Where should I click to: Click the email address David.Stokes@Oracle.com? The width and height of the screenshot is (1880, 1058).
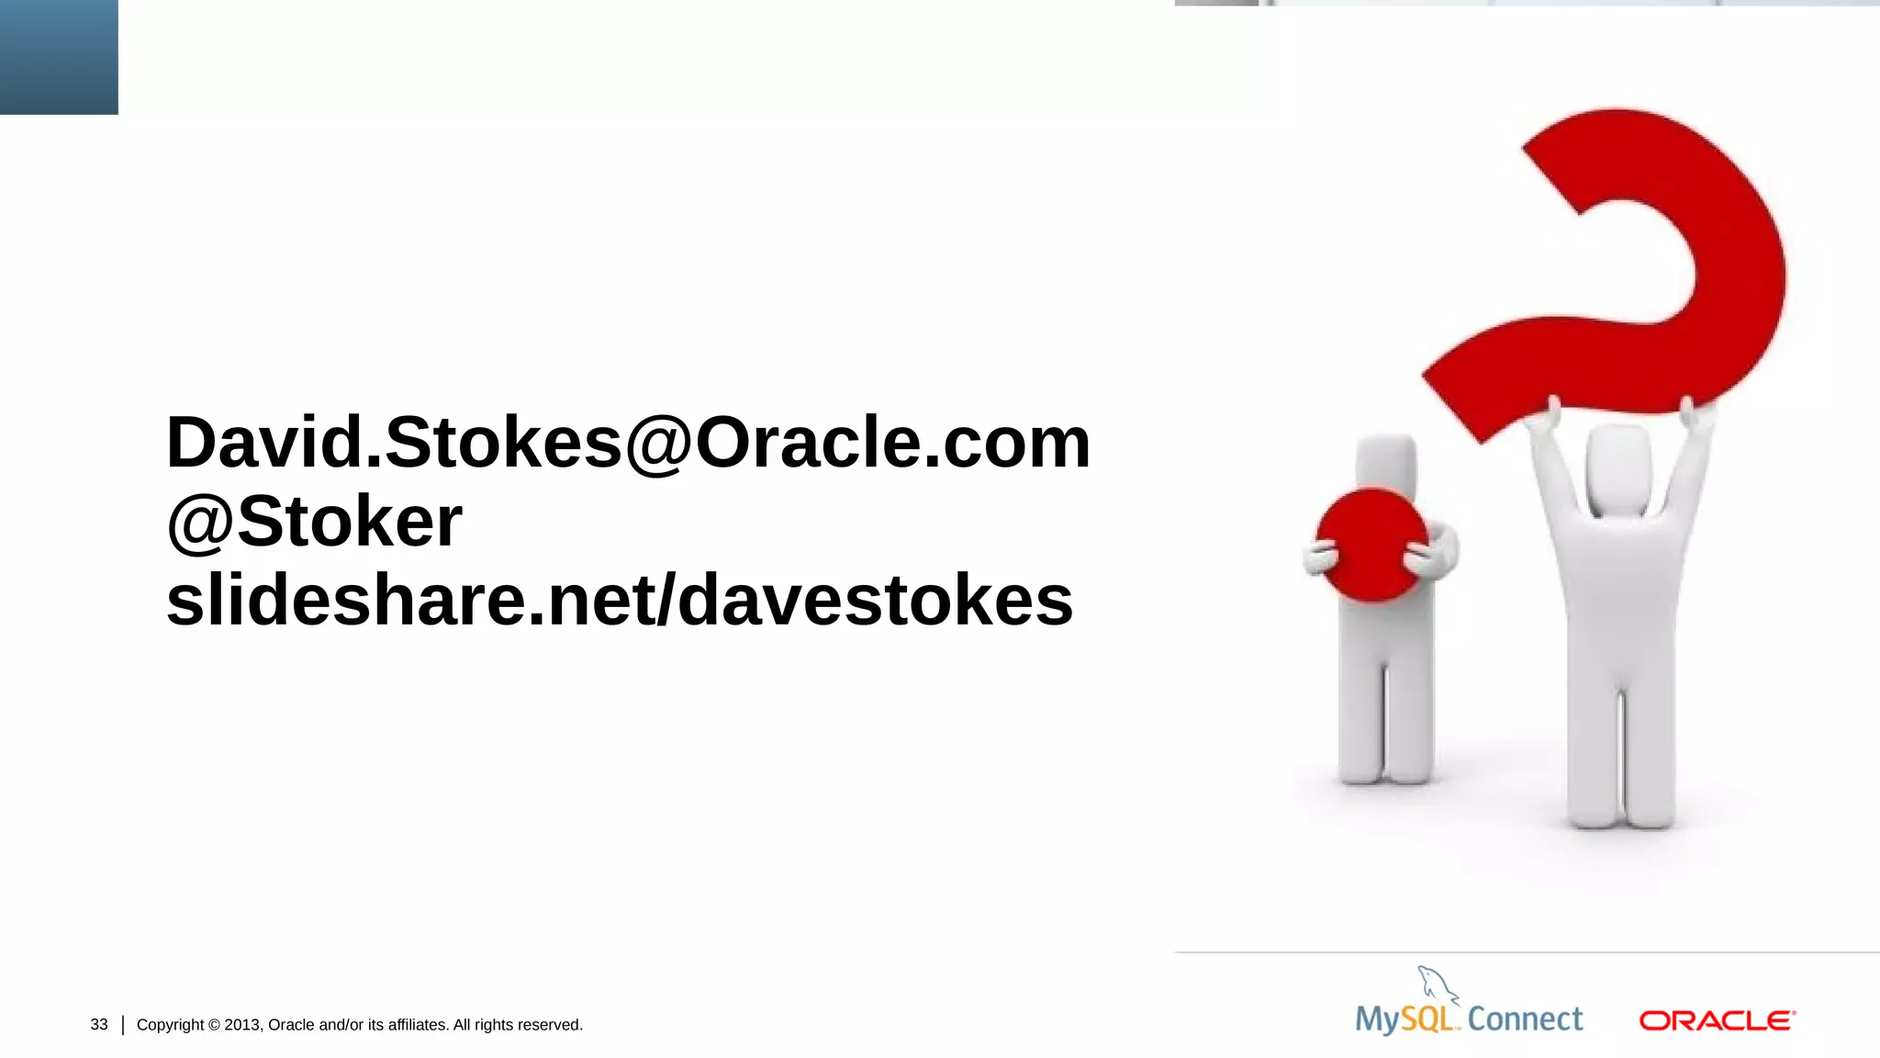(628, 443)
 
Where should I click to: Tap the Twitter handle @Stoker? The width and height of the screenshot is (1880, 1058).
(314, 522)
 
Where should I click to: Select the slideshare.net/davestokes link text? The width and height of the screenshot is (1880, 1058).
(620, 601)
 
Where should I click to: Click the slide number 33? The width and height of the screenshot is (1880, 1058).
(99, 1024)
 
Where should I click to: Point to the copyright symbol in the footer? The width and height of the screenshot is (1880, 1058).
(214, 1025)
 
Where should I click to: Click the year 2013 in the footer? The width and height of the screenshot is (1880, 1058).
(242, 1025)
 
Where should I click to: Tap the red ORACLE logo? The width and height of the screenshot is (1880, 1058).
(1717, 1020)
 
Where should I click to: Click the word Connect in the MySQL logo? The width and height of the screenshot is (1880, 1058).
(1525, 1019)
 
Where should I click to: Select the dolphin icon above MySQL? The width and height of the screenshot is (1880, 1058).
(1436, 984)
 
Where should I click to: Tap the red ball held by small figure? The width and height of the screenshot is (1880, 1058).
(1371, 545)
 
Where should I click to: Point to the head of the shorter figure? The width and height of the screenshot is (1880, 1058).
(1386, 459)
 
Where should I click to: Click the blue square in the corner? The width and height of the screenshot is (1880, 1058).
(59, 57)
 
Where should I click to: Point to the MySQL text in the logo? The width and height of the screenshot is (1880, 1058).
(1404, 1019)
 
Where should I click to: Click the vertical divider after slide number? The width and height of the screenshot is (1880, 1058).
(123, 1025)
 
